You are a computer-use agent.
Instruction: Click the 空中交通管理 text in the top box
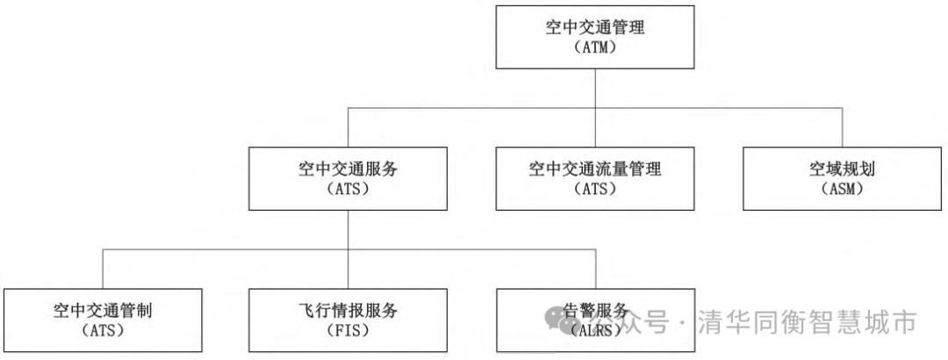coord(595,27)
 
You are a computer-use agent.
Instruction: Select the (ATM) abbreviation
coord(595,48)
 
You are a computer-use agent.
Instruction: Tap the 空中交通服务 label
coord(349,169)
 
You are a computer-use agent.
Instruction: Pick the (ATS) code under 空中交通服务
coord(349,189)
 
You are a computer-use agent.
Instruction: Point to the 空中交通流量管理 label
coord(595,169)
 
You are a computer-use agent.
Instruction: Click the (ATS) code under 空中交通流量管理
coord(595,189)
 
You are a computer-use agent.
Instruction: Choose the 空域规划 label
coord(841,169)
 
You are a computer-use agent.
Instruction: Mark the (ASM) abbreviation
coord(841,189)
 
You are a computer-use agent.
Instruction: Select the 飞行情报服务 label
coord(349,310)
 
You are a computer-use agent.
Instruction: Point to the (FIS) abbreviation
coord(349,331)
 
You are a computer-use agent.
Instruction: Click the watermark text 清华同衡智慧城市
coord(808,322)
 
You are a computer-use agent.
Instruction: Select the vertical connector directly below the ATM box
coord(596,88)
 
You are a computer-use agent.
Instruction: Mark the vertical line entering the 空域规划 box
coord(842,127)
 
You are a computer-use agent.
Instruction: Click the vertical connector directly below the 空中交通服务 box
coord(350,230)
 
